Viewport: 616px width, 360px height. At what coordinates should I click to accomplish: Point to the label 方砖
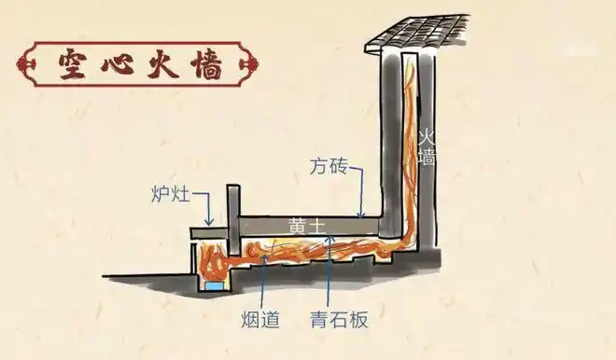(x=329, y=167)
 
